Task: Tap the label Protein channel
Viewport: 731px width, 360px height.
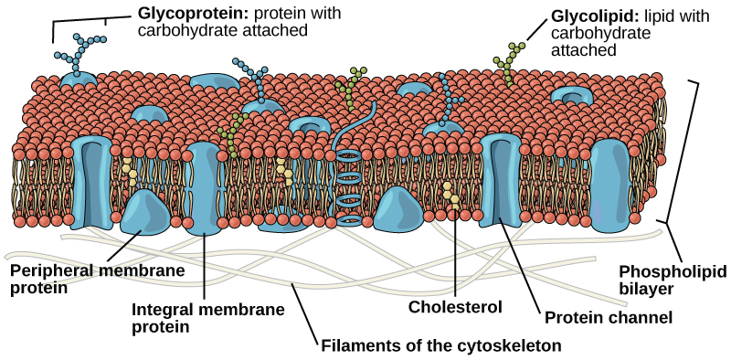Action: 609,318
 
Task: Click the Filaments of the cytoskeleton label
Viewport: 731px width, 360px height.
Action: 440,345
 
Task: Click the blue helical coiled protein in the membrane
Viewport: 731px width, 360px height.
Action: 348,187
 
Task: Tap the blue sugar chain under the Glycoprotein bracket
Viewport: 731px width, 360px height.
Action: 86,50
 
